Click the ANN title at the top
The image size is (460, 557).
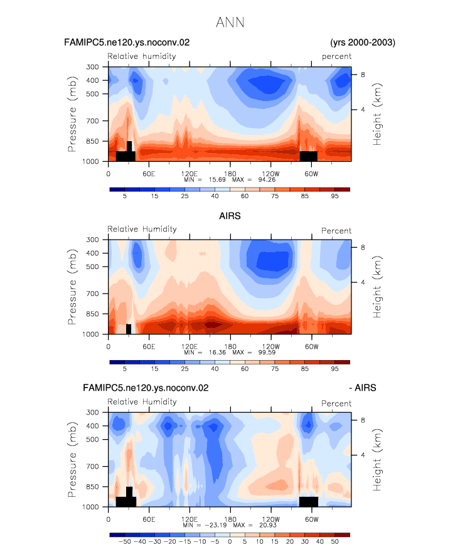(230, 23)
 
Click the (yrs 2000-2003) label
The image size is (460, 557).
(363, 43)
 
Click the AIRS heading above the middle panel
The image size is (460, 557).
(230, 216)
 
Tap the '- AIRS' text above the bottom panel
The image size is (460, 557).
(363, 388)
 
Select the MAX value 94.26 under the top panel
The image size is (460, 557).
(267, 179)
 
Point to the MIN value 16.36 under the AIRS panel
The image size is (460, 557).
(217, 352)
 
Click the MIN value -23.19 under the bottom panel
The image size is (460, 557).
(216, 525)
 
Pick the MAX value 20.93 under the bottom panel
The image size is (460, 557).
(268, 525)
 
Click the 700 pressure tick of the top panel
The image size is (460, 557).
(92, 121)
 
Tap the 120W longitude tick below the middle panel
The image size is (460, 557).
(271, 346)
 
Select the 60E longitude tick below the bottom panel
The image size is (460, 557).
(149, 519)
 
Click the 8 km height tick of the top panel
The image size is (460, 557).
(363, 75)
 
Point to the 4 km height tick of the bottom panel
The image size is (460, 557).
(363, 455)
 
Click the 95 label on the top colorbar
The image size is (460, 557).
(335, 196)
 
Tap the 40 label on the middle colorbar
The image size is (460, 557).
(215, 369)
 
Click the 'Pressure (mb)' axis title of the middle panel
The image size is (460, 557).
(72, 287)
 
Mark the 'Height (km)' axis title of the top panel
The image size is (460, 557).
(377, 114)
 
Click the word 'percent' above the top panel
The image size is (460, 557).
(336, 56)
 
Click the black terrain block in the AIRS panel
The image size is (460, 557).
(129, 329)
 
